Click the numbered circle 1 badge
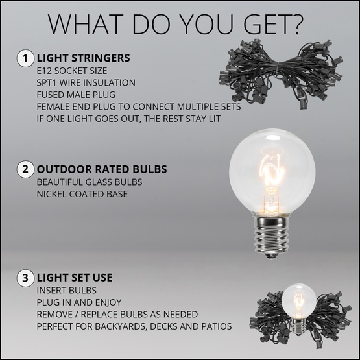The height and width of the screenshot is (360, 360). coord(25,58)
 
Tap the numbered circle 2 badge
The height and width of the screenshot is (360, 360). coord(25,169)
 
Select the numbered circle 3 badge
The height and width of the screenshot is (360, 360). coord(25,277)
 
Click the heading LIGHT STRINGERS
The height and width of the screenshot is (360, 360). coord(84,58)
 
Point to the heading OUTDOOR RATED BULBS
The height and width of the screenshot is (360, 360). coord(102,169)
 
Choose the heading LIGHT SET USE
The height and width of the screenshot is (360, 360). coord(75,277)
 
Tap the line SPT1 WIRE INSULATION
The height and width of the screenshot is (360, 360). coord(86,82)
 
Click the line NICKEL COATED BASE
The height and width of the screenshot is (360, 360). coord(81,194)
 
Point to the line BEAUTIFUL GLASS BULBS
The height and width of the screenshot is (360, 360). coord(90,182)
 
